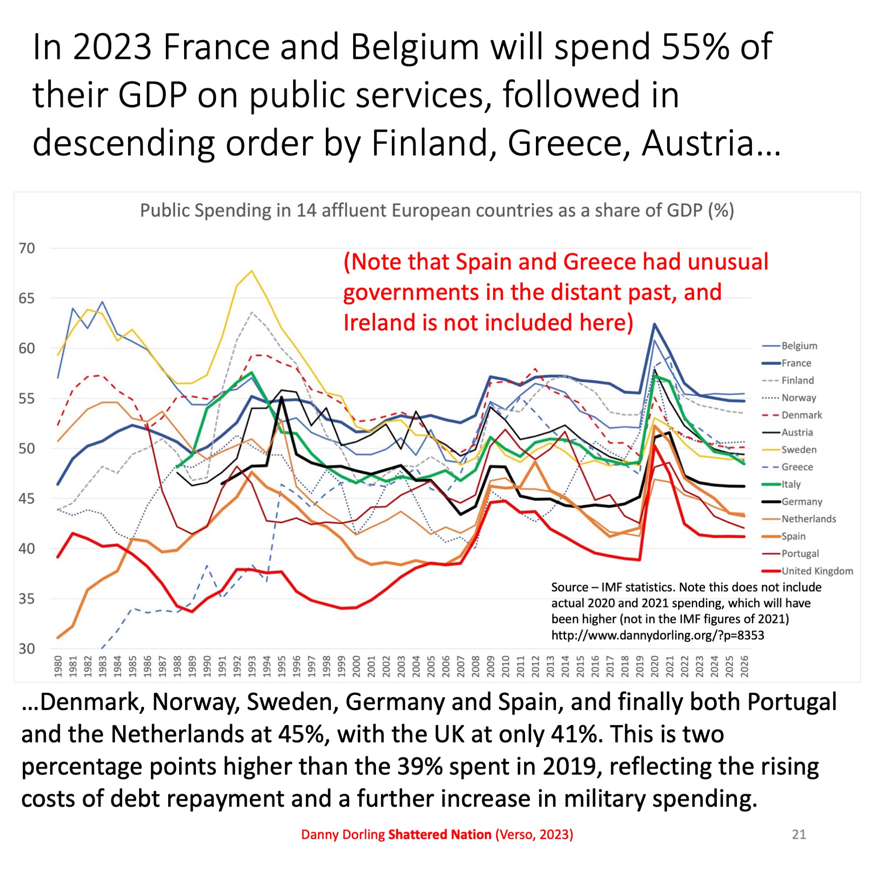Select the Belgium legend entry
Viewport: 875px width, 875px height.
click(799, 345)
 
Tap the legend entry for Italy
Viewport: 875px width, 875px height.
click(791, 484)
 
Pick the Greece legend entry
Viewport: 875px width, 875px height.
click(797, 467)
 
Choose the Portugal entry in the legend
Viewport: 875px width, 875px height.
click(800, 554)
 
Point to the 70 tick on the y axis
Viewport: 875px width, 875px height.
click(26, 248)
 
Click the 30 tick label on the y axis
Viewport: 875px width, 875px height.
click(26, 649)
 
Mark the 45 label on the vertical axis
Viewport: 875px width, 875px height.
click(26, 499)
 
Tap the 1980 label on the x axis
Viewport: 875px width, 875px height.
click(58, 667)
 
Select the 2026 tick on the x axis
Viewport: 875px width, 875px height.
click(744, 667)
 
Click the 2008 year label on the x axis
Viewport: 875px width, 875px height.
click(476, 667)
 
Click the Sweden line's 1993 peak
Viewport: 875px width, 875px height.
click(252, 271)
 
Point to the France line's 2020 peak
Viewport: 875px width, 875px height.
click(654, 324)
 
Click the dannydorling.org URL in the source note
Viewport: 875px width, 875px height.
click(657, 635)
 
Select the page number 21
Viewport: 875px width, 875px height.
click(799, 834)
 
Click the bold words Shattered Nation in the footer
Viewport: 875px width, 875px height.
click(439, 834)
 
